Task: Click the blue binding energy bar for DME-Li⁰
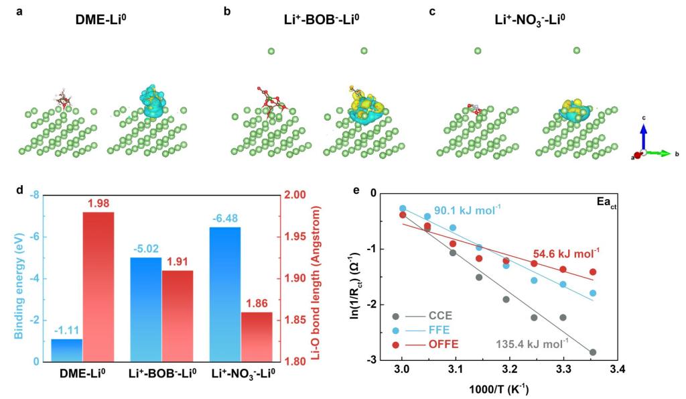[x=67, y=350]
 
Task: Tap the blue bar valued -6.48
[x=225, y=294]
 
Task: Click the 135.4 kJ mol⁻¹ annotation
[x=532, y=344]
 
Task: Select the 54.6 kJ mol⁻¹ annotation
[x=566, y=253]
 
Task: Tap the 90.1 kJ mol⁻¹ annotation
[x=468, y=211]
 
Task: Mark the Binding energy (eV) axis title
[x=11, y=278]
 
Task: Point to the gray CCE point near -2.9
[x=593, y=352]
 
